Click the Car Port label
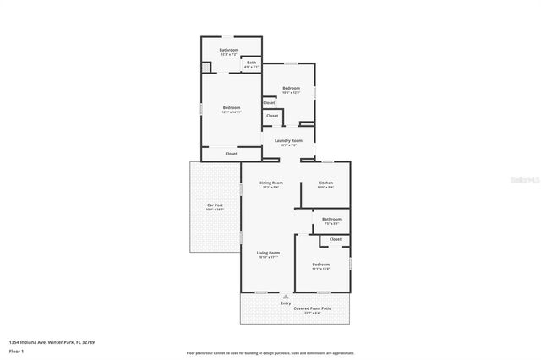(215, 205)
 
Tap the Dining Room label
(270, 183)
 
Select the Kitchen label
(325, 183)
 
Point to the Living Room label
(269, 252)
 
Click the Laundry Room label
(288, 140)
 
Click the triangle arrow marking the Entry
(286, 296)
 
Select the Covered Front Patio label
(312, 309)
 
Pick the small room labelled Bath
(252, 62)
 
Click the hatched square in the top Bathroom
(205, 68)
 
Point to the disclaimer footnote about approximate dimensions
(270, 353)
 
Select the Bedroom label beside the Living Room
(320, 265)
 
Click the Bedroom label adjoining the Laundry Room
(291, 88)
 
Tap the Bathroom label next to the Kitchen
(331, 219)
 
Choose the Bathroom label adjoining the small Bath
(229, 50)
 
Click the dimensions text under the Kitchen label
(325, 188)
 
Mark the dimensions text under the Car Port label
(215, 210)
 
